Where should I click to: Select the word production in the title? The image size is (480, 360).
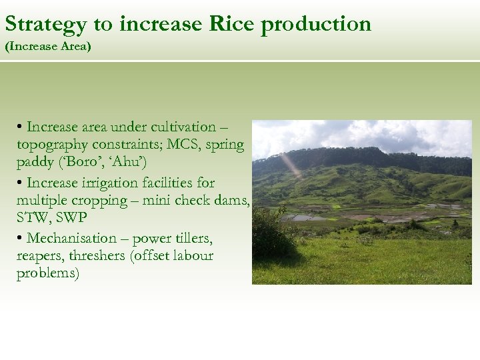point(316,25)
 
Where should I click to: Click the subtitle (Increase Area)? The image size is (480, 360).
point(47,47)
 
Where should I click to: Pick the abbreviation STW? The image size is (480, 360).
point(33,218)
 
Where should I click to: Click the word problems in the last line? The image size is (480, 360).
point(47,274)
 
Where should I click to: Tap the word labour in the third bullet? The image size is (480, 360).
point(193,256)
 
